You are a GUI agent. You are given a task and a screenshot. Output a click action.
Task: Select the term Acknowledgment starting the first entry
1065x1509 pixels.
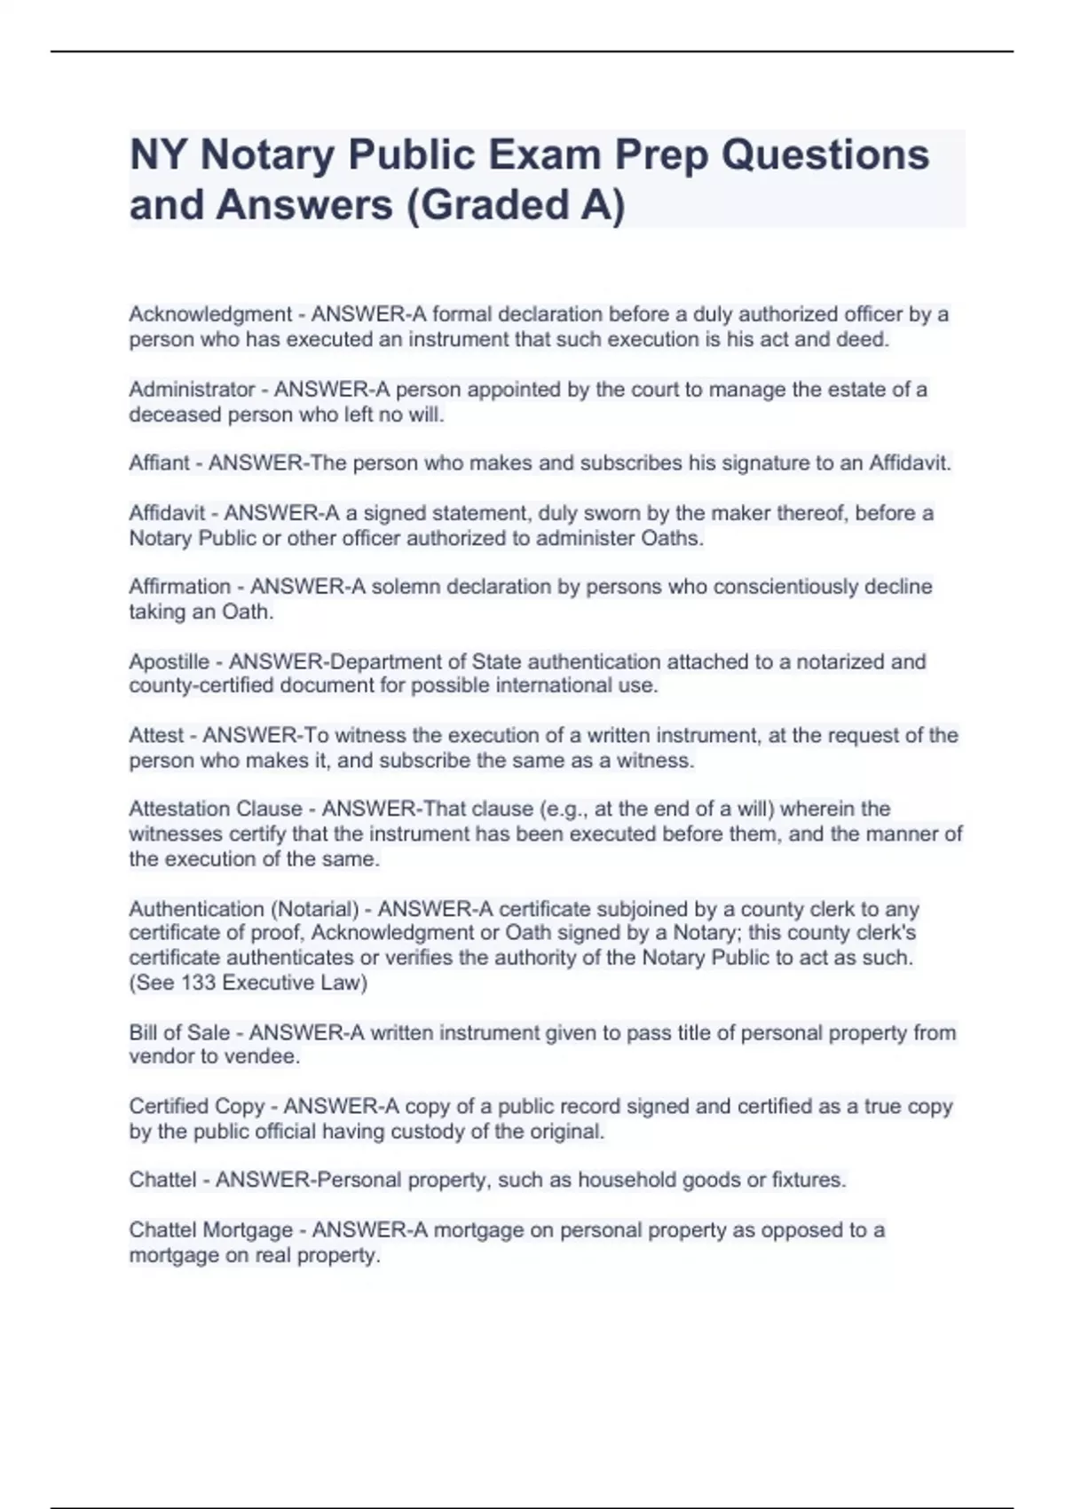tap(210, 314)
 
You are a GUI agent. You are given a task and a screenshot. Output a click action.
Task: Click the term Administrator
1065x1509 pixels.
tap(192, 390)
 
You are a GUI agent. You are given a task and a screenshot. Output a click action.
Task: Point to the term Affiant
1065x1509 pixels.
tap(159, 463)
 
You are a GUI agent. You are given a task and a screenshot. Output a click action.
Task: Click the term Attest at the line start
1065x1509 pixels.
tap(156, 736)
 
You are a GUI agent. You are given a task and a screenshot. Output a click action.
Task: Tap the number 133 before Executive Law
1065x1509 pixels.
tap(199, 983)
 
